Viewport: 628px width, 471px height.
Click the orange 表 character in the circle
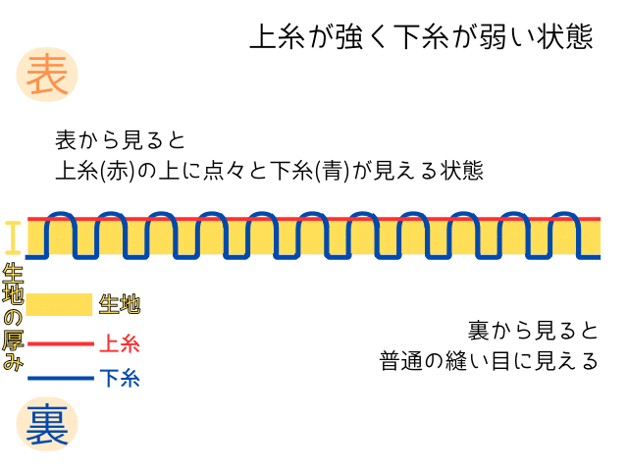tap(46, 76)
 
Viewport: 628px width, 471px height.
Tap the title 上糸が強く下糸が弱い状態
tap(421, 36)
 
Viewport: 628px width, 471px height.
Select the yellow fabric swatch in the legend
tap(59, 305)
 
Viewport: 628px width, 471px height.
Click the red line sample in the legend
tap(59, 344)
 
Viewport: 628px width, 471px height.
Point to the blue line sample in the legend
tap(59, 378)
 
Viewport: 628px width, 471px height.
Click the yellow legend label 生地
tap(119, 305)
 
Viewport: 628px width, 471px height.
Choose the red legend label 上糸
tap(119, 344)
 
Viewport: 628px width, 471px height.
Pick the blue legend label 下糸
tap(119, 378)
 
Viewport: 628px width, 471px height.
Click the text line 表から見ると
tap(121, 140)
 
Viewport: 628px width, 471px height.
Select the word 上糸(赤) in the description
tap(93, 171)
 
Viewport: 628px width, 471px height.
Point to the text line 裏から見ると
tap(532, 329)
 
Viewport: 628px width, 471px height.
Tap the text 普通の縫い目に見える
tap(489, 360)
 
